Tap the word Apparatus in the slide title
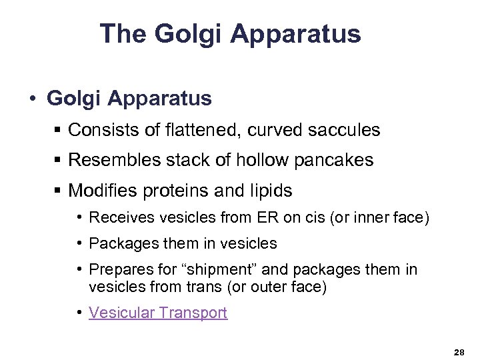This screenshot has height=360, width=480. [297, 34]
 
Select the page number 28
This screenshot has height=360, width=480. [459, 351]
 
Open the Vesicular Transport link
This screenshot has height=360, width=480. [158, 313]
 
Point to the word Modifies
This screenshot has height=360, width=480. [100, 191]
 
